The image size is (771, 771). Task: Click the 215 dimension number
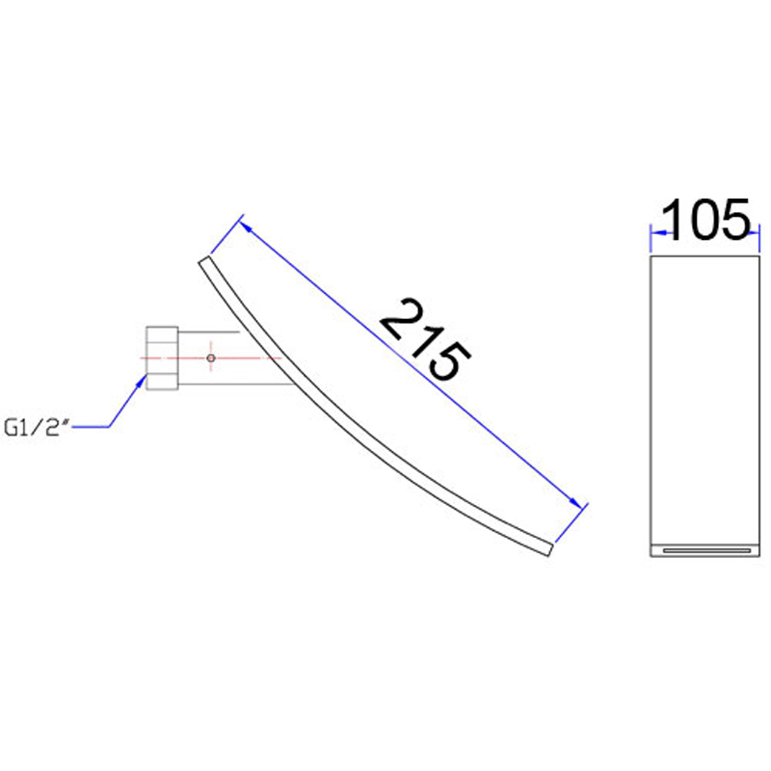(x=425, y=340)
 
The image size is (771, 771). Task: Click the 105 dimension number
(x=706, y=220)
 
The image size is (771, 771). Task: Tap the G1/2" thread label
(x=35, y=427)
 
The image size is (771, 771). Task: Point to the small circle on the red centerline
(x=211, y=358)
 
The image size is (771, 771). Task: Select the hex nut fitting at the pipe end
(x=162, y=358)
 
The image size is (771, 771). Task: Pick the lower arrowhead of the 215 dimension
(x=574, y=501)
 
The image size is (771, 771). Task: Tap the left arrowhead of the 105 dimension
(x=658, y=232)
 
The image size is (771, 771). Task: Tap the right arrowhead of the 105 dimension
(x=753, y=233)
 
